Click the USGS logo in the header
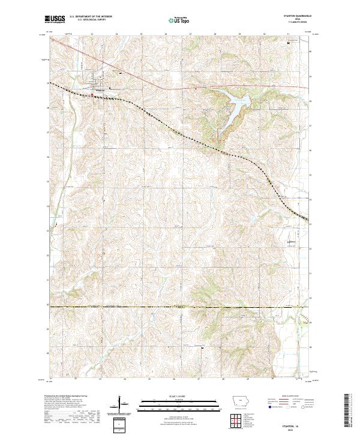(x=55, y=20)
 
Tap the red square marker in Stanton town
(x=91, y=94)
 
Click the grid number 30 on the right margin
(x=310, y=306)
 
